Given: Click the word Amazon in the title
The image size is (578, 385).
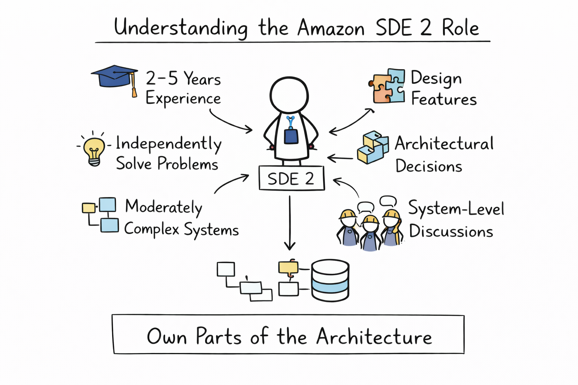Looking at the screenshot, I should pyautogui.click(x=331, y=28).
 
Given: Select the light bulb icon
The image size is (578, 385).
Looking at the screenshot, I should pyautogui.click(x=94, y=150).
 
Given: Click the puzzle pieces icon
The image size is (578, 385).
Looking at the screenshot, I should pyautogui.click(x=387, y=86).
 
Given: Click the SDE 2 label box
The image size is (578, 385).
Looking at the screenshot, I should pyautogui.click(x=291, y=178).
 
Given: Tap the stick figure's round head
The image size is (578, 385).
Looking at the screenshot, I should pyautogui.click(x=289, y=95).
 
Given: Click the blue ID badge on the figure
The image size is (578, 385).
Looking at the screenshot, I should pyautogui.click(x=291, y=136).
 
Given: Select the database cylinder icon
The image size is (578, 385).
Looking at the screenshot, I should pyautogui.click(x=330, y=280).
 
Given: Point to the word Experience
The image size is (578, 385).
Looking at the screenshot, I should pyautogui.click(x=183, y=99).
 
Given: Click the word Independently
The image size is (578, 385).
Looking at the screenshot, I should pyautogui.click(x=168, y=144).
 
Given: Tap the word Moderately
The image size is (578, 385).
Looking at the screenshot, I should pyautogui.click(x=164, y=207).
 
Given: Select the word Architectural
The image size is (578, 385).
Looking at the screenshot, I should pyautogui.click(x=444, y=144).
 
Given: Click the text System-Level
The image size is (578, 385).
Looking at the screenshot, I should pyautogui.click(x=456, y=209).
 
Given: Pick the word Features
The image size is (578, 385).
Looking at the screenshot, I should pyautogui.click(x=444, y=99).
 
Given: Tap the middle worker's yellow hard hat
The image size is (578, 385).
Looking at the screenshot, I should pyautogui.click(x=371, y=220).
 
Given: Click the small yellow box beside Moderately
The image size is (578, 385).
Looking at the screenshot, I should pyautogui.click(x=88, y=208).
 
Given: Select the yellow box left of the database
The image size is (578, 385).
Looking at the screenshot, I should pyautogui.click(x=288, y=267).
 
